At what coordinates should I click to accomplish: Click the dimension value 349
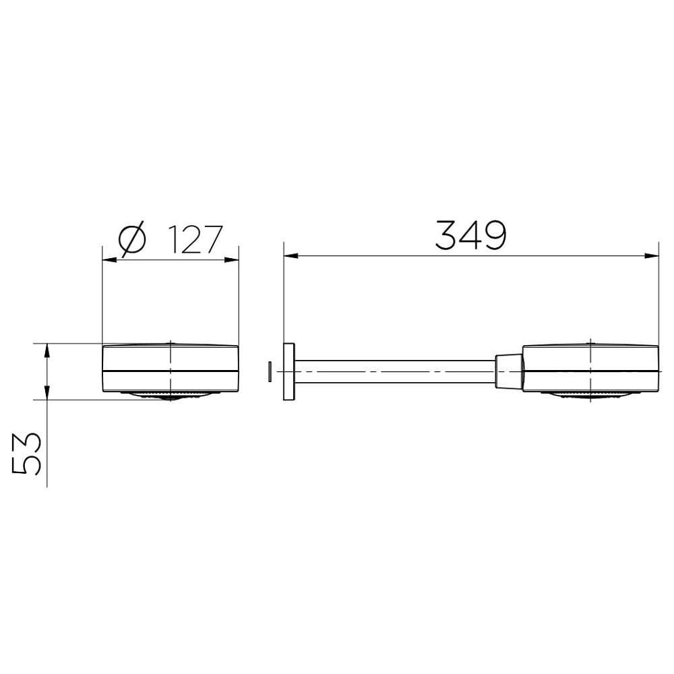coord(470,235)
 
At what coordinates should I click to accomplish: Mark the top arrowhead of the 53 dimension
coord(47,349)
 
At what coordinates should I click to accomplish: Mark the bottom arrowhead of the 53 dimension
coord(47,393)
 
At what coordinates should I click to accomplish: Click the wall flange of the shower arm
coord(290,371)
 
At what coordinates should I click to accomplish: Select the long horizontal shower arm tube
coord(398,371)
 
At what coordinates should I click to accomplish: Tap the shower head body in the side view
coord(590,367)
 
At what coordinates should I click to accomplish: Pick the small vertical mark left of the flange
coord(270,371)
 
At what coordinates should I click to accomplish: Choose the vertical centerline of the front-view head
coord(171,357)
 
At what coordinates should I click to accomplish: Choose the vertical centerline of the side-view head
coord(591,357)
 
